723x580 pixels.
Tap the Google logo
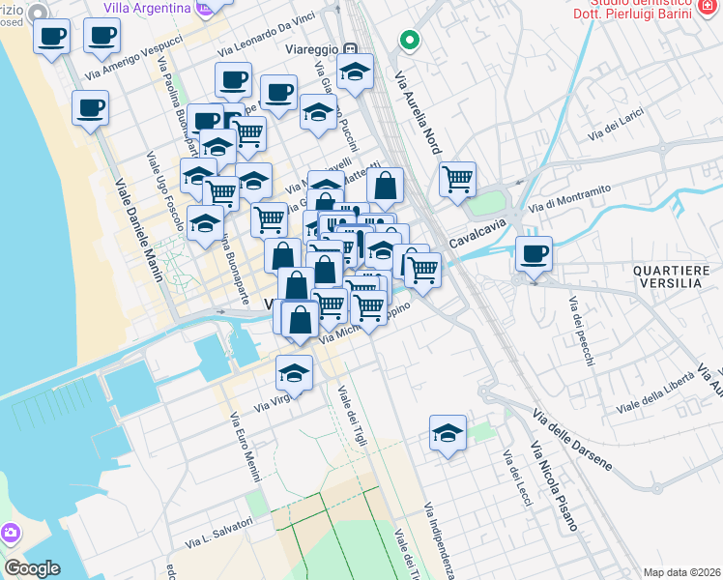[32, 568]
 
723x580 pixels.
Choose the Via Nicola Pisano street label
[554, 488]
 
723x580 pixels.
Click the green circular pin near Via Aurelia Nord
[409, 42]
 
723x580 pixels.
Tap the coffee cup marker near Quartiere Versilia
[534, 255]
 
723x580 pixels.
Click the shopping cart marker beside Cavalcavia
[457, 179]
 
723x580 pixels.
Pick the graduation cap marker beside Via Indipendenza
[448, 434]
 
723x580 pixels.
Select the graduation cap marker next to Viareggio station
[356, 73]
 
